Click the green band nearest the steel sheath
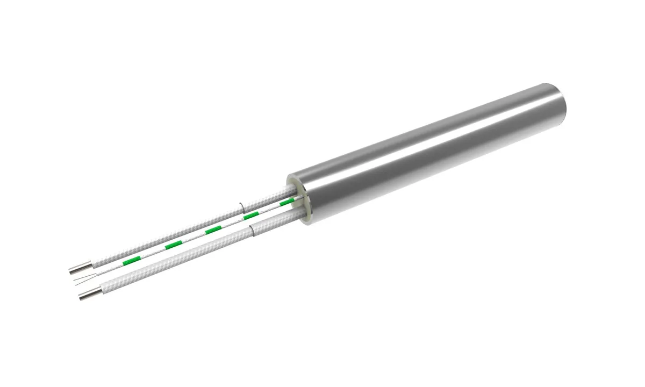(285, 204)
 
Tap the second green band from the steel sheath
(252, 216)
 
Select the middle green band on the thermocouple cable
(213, 230)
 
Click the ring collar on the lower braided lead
(253, 232)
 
